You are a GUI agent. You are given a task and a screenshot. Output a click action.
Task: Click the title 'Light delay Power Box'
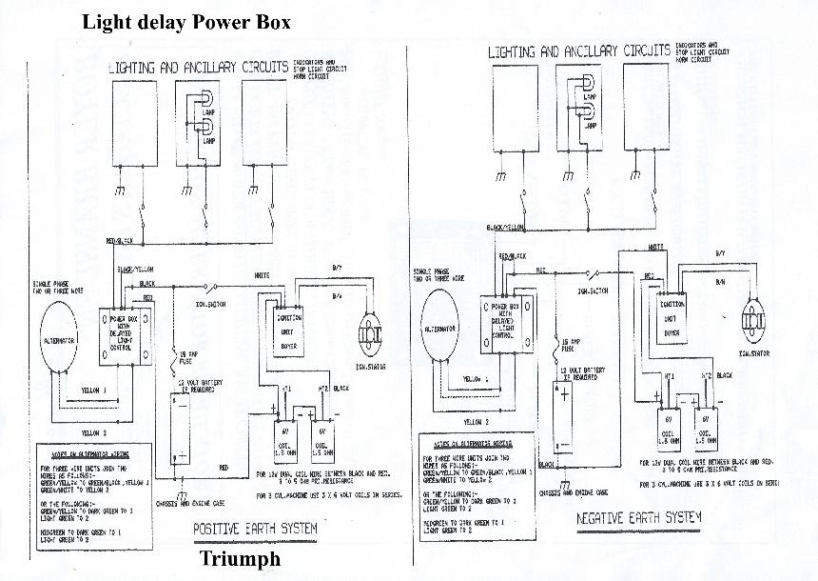[x=186, y=21]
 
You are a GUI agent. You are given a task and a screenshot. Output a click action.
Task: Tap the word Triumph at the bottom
[x=240, y=558]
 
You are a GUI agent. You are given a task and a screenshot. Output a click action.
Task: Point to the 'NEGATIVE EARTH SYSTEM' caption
[x=638, y=519]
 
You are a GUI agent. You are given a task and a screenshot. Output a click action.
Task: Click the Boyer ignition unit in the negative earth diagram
[x=672, y=318]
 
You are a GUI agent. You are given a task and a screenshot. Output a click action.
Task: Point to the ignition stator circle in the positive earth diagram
[x=367, y=332]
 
